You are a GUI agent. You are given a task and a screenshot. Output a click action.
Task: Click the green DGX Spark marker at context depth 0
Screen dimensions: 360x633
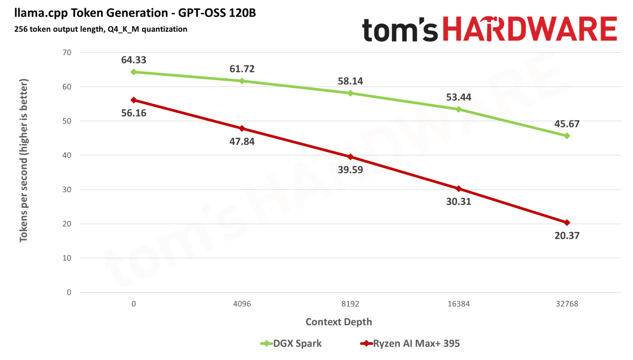134,72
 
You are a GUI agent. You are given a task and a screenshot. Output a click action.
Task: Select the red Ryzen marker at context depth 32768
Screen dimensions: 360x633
567,223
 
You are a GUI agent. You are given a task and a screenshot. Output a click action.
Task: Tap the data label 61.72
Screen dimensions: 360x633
242,69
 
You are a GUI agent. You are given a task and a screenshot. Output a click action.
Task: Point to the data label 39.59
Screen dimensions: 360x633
350,170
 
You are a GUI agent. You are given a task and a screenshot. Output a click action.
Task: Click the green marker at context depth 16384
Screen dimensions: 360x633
459,109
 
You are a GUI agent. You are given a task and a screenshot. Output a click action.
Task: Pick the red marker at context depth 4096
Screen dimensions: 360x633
242,129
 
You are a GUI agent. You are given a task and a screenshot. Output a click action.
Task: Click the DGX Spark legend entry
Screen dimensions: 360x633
291,344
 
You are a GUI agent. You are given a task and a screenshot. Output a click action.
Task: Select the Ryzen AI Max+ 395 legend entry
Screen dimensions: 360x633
410,344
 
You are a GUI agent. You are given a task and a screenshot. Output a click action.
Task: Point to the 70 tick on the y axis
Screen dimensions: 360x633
67,53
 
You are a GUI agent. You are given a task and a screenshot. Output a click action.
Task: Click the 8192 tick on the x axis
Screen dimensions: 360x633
350,304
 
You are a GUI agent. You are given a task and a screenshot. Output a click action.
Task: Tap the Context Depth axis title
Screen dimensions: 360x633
339,322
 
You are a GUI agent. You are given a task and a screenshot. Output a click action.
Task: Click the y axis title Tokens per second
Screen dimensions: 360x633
24,160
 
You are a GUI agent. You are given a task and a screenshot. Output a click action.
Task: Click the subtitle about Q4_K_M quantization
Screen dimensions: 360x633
101,29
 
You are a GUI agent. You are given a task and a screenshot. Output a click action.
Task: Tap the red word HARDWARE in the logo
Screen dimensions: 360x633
529,29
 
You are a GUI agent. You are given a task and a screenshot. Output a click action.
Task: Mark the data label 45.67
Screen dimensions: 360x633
567,124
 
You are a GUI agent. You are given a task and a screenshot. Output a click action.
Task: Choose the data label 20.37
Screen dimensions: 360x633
567,236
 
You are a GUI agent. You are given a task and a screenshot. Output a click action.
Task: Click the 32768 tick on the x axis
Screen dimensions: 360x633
567,304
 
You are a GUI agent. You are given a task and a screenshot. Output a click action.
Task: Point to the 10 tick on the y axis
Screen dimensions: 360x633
67,258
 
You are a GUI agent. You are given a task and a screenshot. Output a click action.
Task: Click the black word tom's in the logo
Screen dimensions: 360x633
400,30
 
